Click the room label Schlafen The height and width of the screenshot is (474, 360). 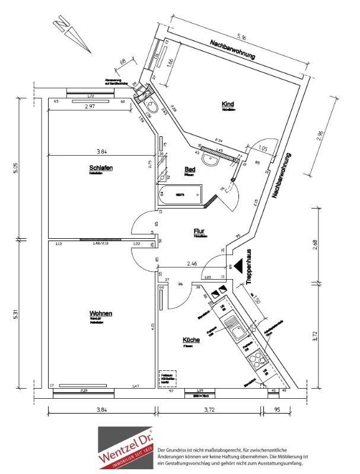(101, 168)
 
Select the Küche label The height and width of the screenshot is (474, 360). (191, 340)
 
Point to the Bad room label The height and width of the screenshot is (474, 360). (190, 169)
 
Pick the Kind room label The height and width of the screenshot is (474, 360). (228, 104)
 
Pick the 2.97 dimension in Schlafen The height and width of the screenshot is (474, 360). (90, 107)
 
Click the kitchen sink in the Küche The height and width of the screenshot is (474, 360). (232, 326)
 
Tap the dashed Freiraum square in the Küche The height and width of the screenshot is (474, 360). (169, 378)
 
